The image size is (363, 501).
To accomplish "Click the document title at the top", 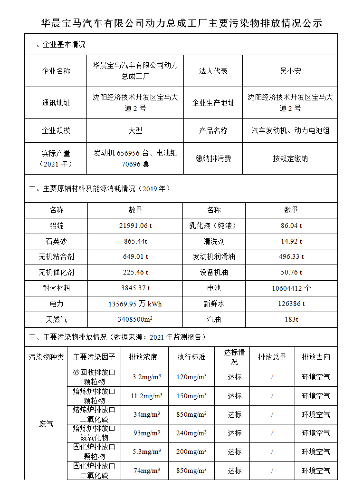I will tap(181, 23).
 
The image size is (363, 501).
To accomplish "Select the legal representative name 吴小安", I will tap(290, 71).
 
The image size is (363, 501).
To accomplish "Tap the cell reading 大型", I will tap(135, 130).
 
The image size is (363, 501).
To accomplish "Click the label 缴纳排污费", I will tap(213, 158).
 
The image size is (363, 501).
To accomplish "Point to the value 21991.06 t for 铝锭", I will tap(135, 226).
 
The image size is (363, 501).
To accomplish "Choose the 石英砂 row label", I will tap(56, 241).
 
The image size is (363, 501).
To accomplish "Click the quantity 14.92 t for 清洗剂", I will tap(291, 241).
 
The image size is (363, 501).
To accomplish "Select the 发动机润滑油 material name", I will tap(213, 257).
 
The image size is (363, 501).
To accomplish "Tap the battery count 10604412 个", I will tap(291, 288).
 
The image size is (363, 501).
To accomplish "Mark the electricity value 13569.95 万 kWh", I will tap(135, 304).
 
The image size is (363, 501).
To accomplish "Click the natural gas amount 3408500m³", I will tap(135, 319).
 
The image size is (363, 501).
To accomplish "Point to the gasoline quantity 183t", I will tap(291, 319).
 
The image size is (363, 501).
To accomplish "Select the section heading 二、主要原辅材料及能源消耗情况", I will tap(99, 188).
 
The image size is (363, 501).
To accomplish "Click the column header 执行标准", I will tap(191, 356).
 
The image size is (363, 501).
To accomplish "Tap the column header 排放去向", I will tap(316, 356).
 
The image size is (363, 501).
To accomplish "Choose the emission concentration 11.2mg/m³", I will tap(146, 396).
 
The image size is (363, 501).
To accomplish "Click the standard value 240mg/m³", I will tap(191, 433).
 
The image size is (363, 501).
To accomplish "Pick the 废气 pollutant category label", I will tap(46, 423).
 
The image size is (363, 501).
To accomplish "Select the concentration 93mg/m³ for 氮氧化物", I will tap(146, 433).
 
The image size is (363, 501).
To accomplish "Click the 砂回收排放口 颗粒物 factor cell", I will tap(94, 377).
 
